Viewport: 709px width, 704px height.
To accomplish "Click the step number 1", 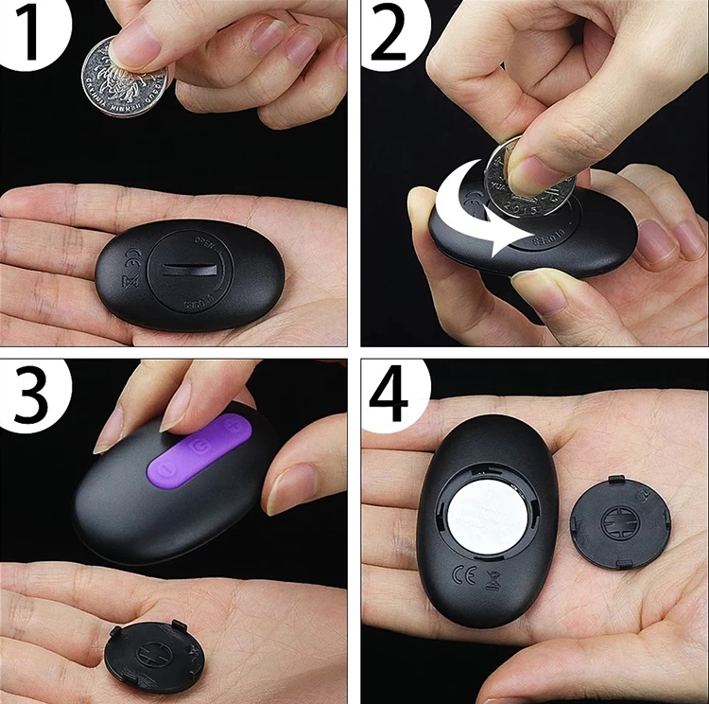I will click(28, 36).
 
